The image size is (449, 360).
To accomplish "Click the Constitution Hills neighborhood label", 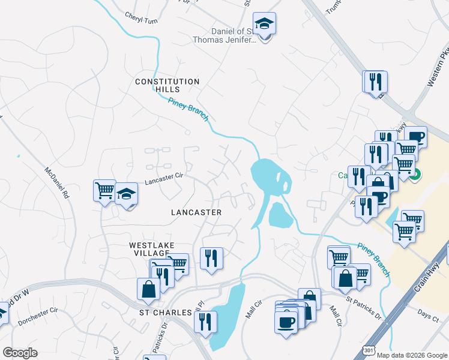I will (167, 85).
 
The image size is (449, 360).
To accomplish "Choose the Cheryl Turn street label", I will (141, 19).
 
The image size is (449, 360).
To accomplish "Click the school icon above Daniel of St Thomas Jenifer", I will (264, 24).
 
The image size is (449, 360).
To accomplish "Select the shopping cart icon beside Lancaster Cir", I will (104, 190).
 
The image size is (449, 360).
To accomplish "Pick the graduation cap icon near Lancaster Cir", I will (127, 194).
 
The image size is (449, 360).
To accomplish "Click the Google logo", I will (20, 353).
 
